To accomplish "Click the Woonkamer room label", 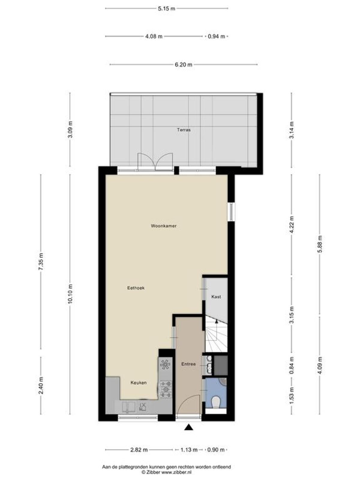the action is pos(163,226).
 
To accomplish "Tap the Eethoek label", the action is pos(136,288).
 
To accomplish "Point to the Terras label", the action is pos(184,130).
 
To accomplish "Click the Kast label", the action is pos(216,297).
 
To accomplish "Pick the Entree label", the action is pos(188,364).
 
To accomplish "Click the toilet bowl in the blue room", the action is pos(216,402).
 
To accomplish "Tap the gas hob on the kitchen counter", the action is pos(166,389).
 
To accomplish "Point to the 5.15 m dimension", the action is pos(166,8).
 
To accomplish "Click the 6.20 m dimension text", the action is pos(184,64).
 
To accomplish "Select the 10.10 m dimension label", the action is pos(70,294).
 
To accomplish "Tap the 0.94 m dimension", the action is pos(216,37).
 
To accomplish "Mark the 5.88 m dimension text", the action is pos(319,244).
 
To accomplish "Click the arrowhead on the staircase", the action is pos(216,321).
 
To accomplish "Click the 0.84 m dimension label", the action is pos(291,365).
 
